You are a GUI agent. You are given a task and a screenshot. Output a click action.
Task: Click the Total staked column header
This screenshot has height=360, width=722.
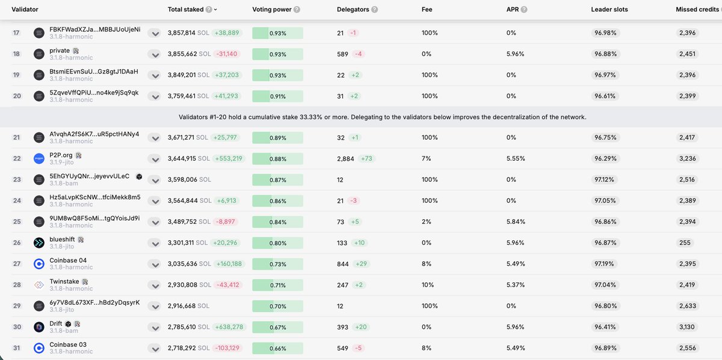tap(185, 10)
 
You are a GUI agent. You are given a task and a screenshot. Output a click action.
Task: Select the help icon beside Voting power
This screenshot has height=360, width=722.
tap(297, 10)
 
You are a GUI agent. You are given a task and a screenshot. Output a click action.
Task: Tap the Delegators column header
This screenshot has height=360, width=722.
tap(353, 10)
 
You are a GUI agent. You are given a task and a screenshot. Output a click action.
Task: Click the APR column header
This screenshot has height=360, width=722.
tap(513, 10)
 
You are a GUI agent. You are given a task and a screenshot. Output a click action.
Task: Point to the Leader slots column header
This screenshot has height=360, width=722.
tap(612, 10)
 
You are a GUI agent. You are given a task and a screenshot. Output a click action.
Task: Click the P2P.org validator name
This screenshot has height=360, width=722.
tap(61, 155)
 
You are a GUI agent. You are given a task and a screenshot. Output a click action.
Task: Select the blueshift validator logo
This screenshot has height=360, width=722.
tap(39, 243)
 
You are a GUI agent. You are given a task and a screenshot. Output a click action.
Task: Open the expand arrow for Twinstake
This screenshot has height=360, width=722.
tap(155, 285)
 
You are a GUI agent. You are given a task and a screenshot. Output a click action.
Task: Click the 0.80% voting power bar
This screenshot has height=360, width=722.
tap(277, 243)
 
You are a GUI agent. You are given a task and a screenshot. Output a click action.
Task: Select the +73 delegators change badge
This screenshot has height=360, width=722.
tap(368, 159)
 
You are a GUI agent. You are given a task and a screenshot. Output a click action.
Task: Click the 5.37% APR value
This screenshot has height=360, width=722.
tap(515, 285)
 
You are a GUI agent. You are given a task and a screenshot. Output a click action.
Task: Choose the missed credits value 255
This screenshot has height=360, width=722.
tap(685, 243)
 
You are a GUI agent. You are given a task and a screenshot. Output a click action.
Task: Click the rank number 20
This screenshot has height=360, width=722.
tap(17, 96)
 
